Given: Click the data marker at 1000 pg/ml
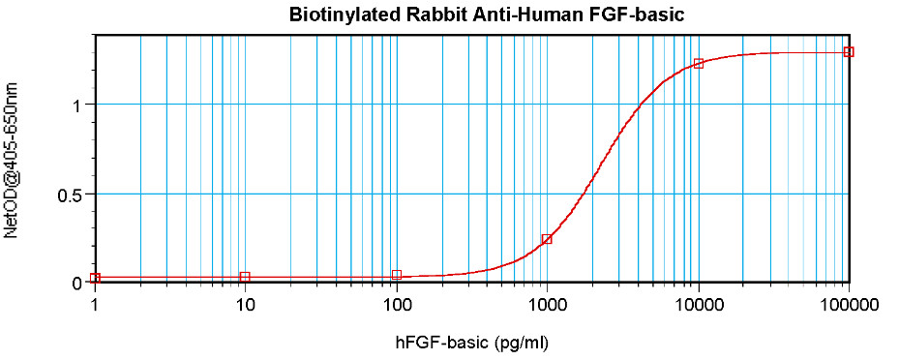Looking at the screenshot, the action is pos(547,239).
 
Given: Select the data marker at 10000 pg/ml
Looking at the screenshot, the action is pos(699,64).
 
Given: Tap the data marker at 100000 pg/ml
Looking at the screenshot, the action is pos(849,52).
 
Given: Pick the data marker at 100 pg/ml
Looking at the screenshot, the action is pos(396,275).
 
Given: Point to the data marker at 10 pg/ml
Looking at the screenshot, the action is pos(246,277).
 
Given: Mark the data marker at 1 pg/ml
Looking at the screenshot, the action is pos(95,278).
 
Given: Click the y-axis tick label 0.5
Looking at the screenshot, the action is pos(74,195).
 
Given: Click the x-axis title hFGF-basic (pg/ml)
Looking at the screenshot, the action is pos(471,343).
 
